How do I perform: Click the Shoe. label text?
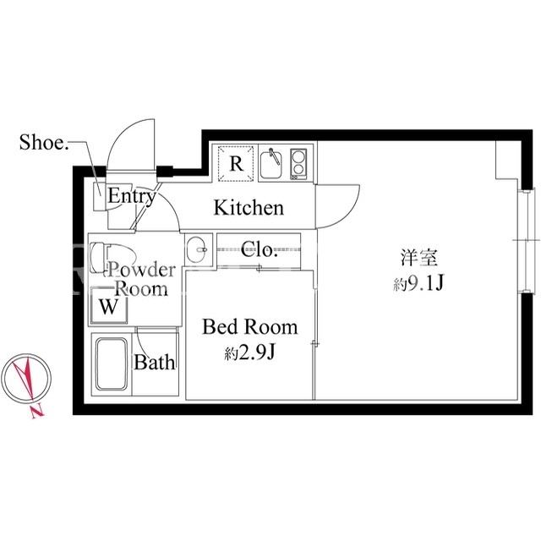click(x=44, y=142)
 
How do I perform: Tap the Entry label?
click(x=132, y=196)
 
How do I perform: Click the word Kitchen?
click(x=249, y=208)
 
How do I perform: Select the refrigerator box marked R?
click(x=237, y=163)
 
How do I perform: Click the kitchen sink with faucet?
click(x=270, y=164)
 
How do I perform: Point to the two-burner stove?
click(x=298, y=164)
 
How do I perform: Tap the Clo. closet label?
click(x=259, y=249)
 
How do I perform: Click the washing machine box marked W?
click(x=109, y=306)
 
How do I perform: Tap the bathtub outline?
click(x=112, y=364)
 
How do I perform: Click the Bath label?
click(x=154, y=363)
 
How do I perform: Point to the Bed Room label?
click(x=249, y=327)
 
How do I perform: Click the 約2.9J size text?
click(x=249, y=352)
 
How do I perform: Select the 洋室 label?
click(x=419, y=257)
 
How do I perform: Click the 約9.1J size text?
click(x=418, y=284)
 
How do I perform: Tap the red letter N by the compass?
click(x=37, y=412)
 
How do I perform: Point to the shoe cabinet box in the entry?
click(x=100, y=196)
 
